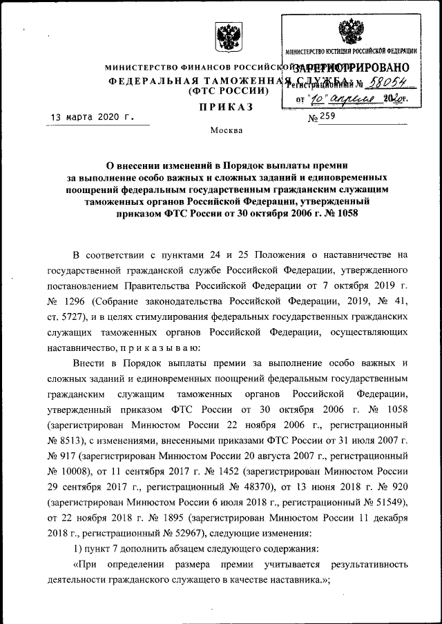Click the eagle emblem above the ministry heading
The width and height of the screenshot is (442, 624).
225,37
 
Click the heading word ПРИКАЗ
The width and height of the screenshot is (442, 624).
226,107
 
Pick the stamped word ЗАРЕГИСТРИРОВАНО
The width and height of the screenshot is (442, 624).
352,68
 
